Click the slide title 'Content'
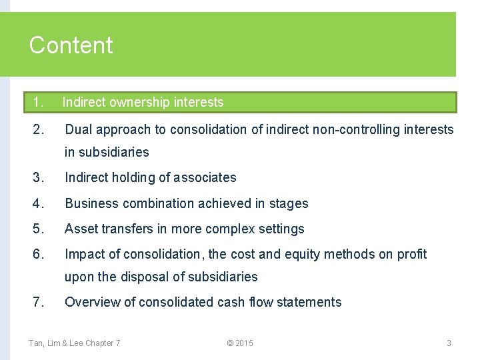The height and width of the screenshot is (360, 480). pos(71,45)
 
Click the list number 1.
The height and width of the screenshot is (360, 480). pos(38,102)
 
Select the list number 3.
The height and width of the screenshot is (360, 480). pos(38,177)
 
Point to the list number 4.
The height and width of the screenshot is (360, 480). pos(38,203)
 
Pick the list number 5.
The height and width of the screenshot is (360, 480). pos(38,229)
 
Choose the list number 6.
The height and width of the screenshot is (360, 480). pos(38,254)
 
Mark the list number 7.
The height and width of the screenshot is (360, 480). pos(38,302)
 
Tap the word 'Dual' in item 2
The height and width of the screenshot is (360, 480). pos(78,129)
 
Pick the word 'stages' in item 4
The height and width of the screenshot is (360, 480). pos(288,203)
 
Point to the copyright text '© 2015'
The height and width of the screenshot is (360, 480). pos(240,343)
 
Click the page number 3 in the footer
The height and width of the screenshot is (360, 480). pos(449,343)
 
